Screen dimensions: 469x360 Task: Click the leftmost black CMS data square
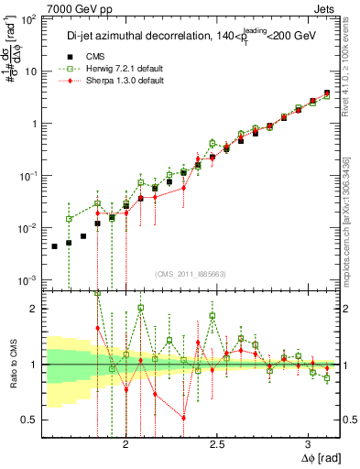[x=55, y=246]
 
